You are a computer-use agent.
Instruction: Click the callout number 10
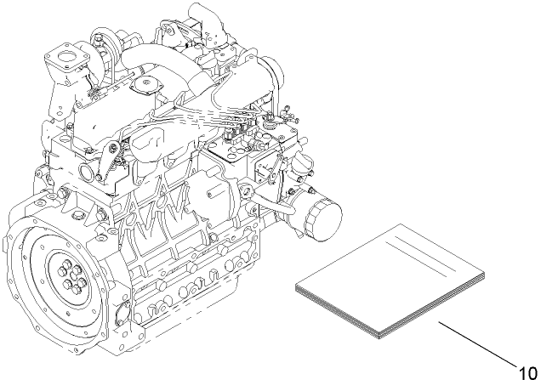coord(527,371)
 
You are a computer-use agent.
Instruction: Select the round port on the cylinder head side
coord(88,174)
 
